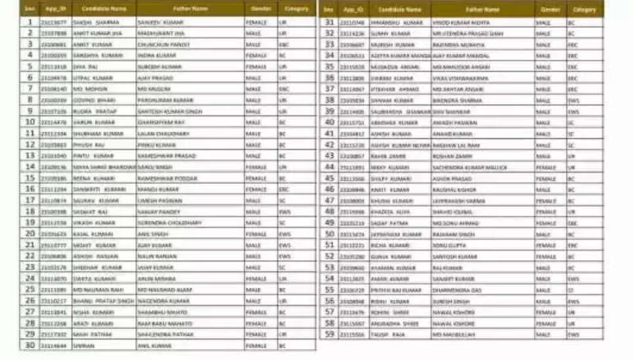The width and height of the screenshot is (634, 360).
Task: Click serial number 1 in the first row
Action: pyautogui.click(x=29, y=22)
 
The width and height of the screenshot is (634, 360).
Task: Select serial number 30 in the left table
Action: pyautogui.click(x=29, y=345)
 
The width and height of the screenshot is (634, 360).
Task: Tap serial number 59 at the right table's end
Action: pyautogui.click(x=330, y=334)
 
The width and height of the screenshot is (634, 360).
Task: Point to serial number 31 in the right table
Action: pyautogui.click(x=330, y=22)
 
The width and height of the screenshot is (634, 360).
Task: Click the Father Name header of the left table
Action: pyautogui.click(x=190, y=9)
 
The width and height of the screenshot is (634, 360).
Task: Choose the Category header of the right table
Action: pyautogui.click(x=584, y=10)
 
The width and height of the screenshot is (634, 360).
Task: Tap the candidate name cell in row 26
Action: pyautogui.click(x=103, y=300)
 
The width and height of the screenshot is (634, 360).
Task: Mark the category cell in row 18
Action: pyautogui.click(x=296, y=211)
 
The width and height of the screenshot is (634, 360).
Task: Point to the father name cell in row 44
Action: pyautogui.click(x=481, y=167)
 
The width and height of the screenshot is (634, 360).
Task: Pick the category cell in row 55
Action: pyautogui.click(x=584, y=289)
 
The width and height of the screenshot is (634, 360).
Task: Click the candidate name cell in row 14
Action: pyautogui.click(x=103, y=167)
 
